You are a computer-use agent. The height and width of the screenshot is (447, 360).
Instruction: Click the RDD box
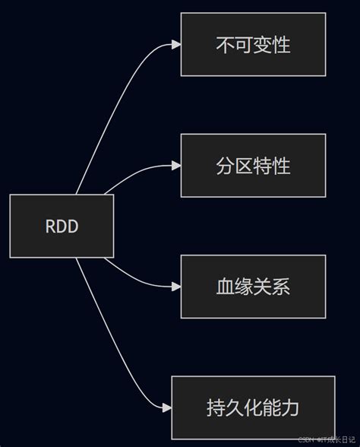click(x=62, y=226)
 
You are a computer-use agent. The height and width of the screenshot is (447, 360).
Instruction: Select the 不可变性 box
click(x=253, y=45)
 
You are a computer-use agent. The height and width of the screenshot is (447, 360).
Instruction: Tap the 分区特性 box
click(x=253, y=166)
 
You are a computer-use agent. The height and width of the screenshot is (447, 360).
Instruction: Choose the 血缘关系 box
click(x=253, y=287)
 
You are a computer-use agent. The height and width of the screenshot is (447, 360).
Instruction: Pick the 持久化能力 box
click(x=253, y=407)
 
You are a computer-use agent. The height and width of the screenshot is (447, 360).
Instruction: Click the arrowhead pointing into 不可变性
click(x=176, y=45)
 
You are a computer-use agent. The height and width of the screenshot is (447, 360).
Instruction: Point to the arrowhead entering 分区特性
click(x=176, y=166)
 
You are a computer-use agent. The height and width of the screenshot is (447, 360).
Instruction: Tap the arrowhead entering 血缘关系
click(x=176, y=287)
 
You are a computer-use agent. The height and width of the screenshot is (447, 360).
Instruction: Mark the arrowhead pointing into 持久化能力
click(x=167, y=407)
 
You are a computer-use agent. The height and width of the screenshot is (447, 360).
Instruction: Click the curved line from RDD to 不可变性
click(x=114, y=99)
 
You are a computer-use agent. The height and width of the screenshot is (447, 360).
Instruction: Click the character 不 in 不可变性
click(x=225, y=45)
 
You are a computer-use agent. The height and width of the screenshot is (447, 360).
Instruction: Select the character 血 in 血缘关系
click(x=225, y=287)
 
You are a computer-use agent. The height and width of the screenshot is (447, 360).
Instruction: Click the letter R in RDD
click(x=51, y=227)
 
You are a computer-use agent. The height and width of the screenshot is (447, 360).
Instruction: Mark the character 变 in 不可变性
click(x=263, y=45)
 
